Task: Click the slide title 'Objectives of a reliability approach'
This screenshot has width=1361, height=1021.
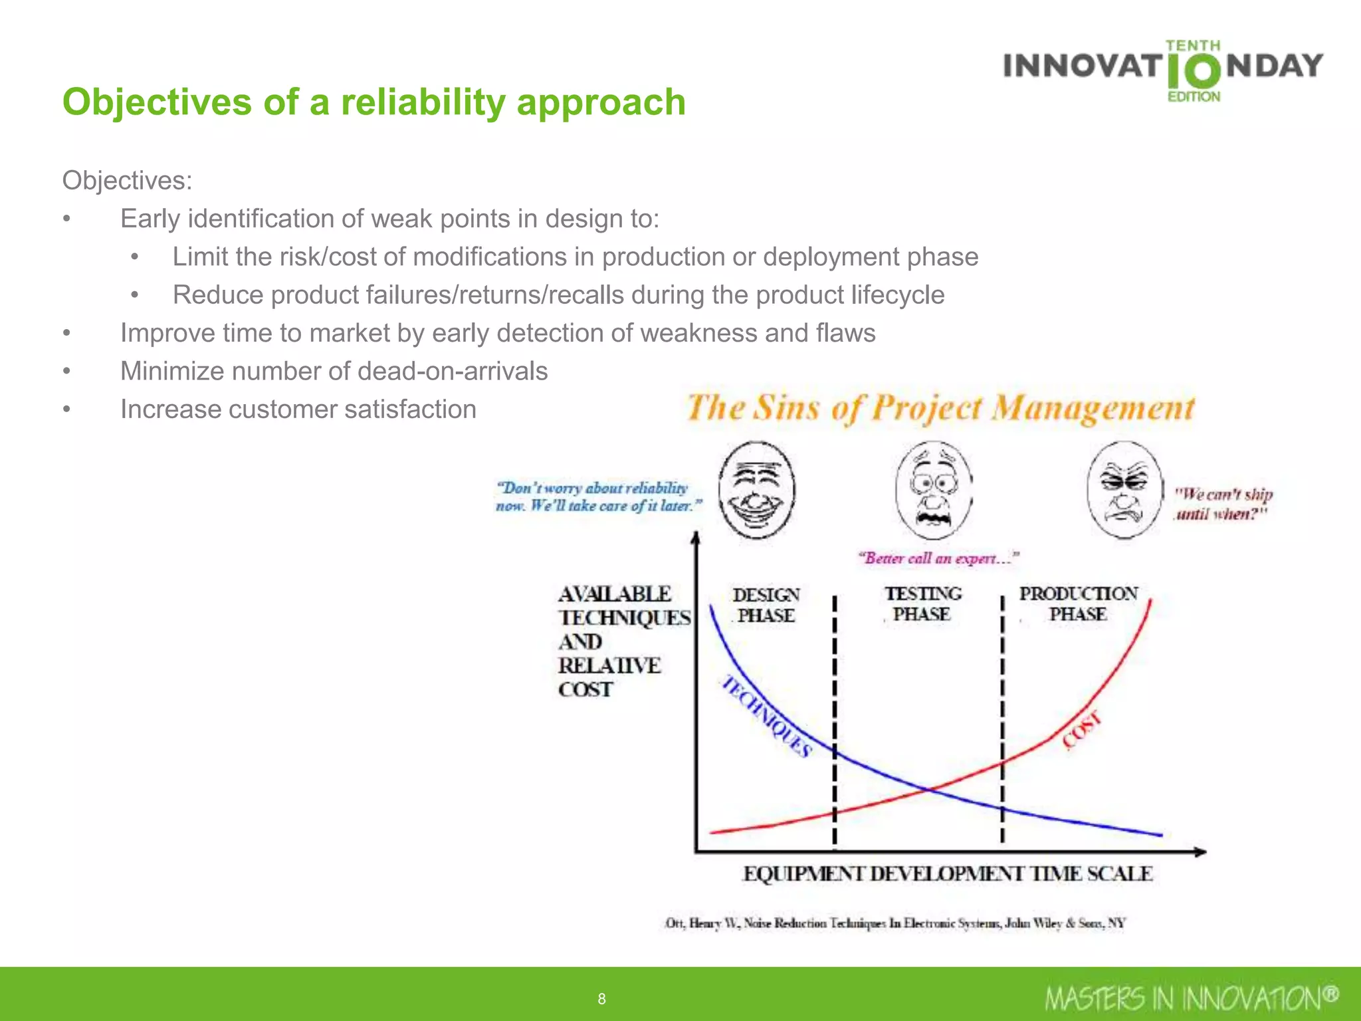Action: click(373, 102)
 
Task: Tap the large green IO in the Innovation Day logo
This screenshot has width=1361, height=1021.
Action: click(1194, 72)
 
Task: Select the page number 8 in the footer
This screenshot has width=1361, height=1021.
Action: click(601, 998)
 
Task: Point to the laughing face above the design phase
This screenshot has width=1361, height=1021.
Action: click(756, 490)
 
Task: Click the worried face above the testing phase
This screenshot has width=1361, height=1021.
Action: click(934, 491)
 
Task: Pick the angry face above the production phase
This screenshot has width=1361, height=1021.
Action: click(1125, 490)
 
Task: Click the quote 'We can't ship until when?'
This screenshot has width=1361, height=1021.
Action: click(1223, 504)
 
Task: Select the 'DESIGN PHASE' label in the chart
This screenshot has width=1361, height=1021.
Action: click(766, 605)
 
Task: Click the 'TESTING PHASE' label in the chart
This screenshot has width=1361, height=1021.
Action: click(922, 604)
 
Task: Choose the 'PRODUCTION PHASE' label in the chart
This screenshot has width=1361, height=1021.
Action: click(1078, 604)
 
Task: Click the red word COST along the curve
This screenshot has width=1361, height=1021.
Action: click(1082, 731)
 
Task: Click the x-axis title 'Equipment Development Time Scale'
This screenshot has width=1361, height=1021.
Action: click(947, 873)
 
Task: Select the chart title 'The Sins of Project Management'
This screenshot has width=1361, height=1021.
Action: click(940, 408)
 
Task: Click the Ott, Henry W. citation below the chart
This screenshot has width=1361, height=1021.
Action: click(895, 923)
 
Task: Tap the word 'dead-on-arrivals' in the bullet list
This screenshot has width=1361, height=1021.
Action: click(453, 371)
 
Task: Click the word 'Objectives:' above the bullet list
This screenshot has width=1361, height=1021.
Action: click(127, 180)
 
